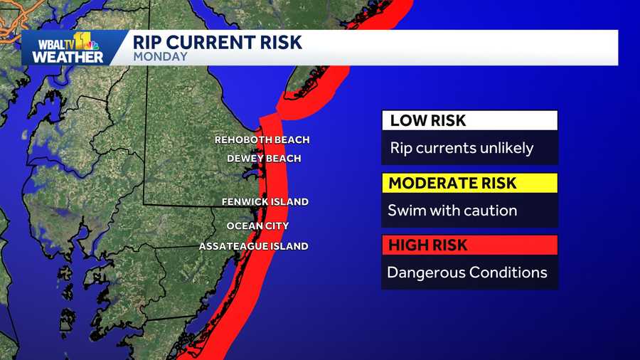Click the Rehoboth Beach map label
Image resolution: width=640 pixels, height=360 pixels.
pos(262,140)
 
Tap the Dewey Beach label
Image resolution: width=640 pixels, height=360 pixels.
pos(263,159)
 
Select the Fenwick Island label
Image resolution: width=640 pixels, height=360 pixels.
pos(265,202)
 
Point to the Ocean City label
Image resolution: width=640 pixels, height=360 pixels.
pos(257,226)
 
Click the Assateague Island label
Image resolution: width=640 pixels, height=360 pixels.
pos(253,246)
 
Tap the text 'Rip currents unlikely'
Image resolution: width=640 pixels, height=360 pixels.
pos(462,149)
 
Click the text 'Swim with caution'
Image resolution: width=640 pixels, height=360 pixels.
pos(452,211)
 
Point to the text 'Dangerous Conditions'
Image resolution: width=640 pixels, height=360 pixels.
pos(467,272)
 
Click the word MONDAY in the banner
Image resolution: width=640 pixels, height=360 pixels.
pos(160,56)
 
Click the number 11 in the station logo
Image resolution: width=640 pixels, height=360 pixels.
pos(84,41)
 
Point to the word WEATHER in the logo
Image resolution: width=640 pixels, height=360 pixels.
pos(68,57)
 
